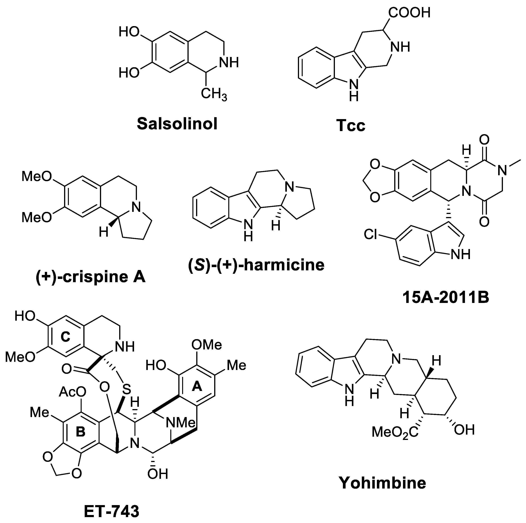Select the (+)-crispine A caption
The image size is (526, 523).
point(91,277)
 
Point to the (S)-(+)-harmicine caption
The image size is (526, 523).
point(256,265)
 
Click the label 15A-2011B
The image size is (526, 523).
point(446,298)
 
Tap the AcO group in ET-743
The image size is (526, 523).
point(72,392)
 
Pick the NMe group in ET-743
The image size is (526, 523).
point(181,423)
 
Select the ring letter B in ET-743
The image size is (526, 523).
point(80,432)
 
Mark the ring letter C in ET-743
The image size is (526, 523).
point(65,337)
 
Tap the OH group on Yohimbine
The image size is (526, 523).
point(464,430)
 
